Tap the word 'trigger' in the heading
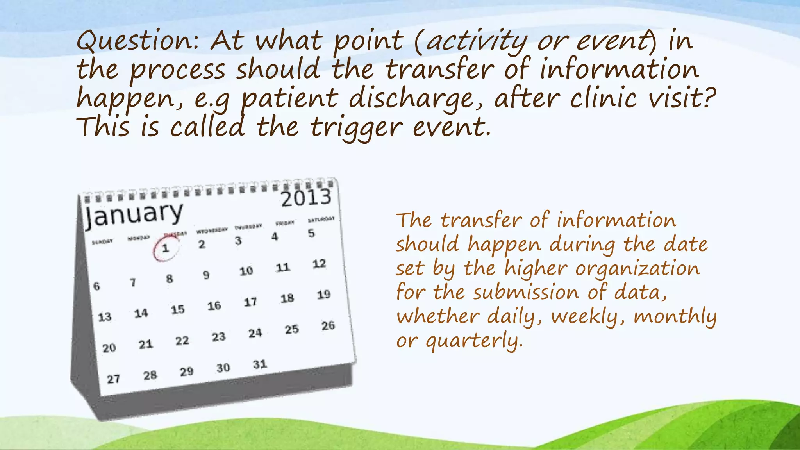coord(355,128)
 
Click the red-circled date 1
coord(166,248)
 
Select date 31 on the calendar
coord(260,364)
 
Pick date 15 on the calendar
coord(178,310)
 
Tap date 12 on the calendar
coord(319,264)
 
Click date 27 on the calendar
coord(113,379)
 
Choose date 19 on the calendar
coord(323,295)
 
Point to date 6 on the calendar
coord(96,286)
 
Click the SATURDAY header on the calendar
coord(321,220)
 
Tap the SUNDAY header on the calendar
coord(102,242)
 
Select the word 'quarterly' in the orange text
coord(473,341)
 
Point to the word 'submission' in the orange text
coord(526,293)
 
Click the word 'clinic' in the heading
coord(603,98)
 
